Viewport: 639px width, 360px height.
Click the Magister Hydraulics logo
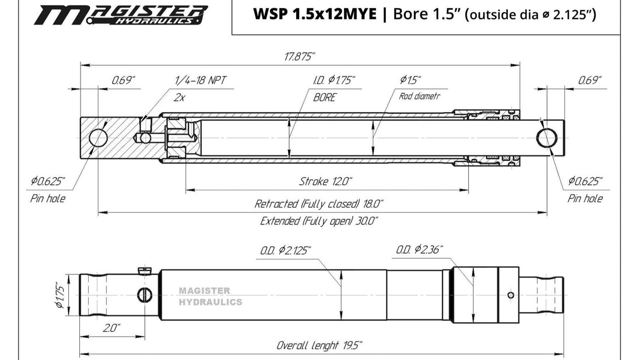click(x=121, y=15)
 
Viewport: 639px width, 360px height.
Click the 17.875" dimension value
click(x=300, y=56)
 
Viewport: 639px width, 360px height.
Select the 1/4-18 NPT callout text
click(x=200, y=80)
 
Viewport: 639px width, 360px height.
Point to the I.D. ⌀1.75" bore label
click(x=334, y=80)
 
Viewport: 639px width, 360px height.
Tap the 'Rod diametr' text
click(x=419, y=96)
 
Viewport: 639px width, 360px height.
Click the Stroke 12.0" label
click(x=325, y=181)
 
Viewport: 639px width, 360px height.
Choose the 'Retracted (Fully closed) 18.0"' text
click(x=319, y=204)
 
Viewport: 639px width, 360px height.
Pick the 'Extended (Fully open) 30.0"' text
click(x=319, y=221)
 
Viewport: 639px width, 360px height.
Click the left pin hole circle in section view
click(x=98, y=138)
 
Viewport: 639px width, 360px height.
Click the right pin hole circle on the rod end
click(x=546, y=138)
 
